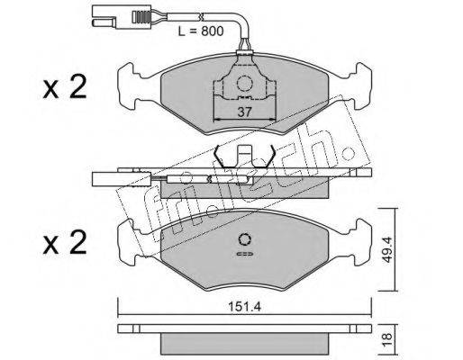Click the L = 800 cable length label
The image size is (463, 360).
coord(201,31)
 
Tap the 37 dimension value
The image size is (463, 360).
coord(244,112)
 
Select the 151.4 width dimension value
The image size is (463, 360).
coord(245,306)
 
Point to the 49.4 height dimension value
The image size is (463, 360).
coord(386,249)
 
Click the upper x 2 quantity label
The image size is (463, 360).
coord(65,87)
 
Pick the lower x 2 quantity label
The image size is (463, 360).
coord(65,243)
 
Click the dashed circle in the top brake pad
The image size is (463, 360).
coord(243,83)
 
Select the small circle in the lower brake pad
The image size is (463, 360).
coord(245,239)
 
